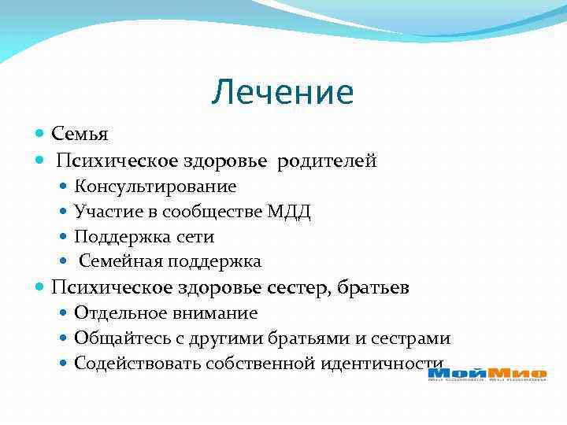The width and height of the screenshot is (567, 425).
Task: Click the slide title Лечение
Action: pyautogui.click(x=283, y=93)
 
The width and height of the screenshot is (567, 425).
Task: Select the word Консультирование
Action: pyautogui.click(x=155, y=187)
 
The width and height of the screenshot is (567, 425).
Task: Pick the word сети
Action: pyautogui.click(x=196, y=236)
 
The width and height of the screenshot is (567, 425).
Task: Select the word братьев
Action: pyautogui.click(x=373, y=288)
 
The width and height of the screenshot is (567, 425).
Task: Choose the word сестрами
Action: pyautogui.click(x=410, y=338)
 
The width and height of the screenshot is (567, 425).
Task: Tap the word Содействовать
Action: pyautogui.click(x=137, y=364)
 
